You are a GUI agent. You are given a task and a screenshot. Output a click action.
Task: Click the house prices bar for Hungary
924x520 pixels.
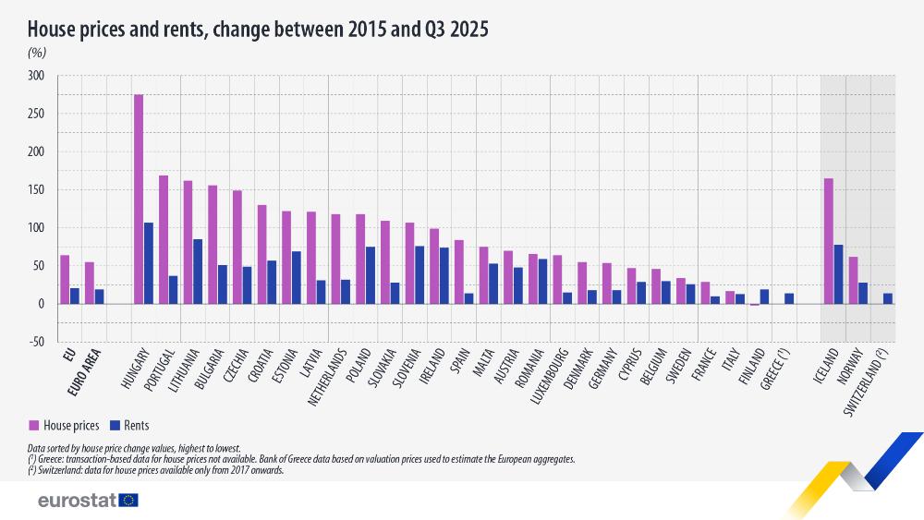coord(139,199)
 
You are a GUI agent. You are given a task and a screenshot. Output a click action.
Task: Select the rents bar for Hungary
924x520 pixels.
coord(149,263)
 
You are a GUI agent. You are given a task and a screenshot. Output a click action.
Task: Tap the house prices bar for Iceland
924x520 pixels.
coord(829,241)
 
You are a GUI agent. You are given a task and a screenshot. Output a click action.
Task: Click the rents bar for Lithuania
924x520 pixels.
coord(198,272)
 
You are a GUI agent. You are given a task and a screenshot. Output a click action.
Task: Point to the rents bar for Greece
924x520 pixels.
coord(789,298)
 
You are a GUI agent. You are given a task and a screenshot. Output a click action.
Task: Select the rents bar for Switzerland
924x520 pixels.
coord(888,298)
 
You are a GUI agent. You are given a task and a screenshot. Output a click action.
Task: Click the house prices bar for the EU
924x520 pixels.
coord(65,279)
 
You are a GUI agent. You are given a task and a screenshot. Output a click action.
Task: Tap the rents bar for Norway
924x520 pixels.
coord(864,293)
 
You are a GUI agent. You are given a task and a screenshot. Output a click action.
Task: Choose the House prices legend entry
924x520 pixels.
coord(65,425)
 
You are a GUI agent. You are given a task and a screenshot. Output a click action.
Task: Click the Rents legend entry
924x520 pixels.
coord(128,425)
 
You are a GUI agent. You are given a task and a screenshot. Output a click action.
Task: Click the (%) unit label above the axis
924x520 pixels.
coord(37,54)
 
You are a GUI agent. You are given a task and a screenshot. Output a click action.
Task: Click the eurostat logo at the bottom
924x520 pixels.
coord(88,500)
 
